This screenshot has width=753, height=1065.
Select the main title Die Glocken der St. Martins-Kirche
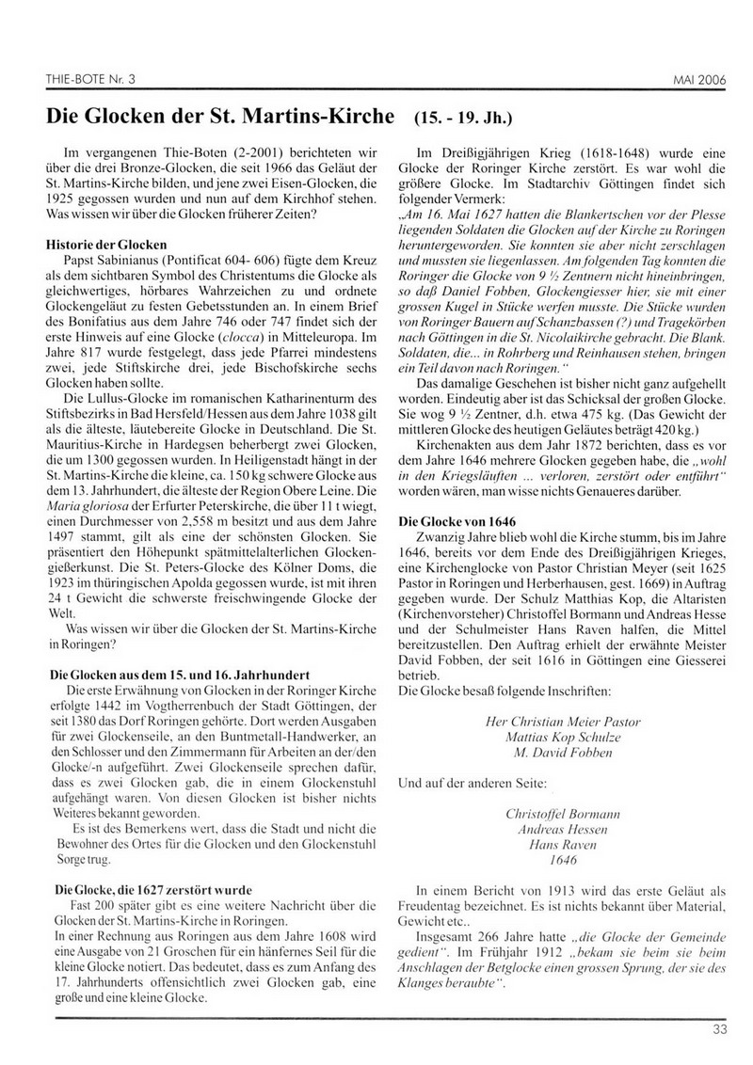point(222,119)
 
